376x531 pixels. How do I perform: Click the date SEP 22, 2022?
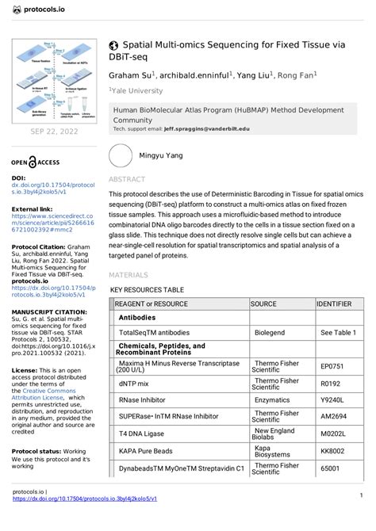click(x=53, y=131)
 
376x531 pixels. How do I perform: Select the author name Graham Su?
click(x=132, y=74)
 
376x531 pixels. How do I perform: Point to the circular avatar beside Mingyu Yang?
click(x=121, y=157)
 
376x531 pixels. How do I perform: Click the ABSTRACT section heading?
click(x=127, y=180)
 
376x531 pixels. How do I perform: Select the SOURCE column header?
click(x=264, y=304)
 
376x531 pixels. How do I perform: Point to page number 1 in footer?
click(x=360, y=496)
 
